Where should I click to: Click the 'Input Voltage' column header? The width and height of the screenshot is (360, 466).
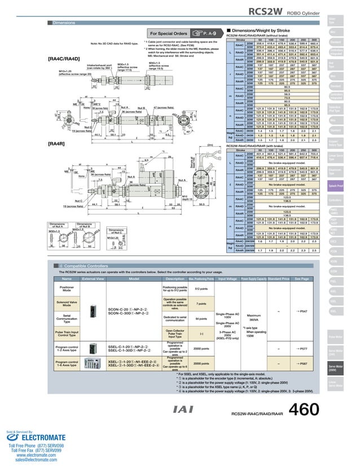pyautogui.click(x=227, y=279)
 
